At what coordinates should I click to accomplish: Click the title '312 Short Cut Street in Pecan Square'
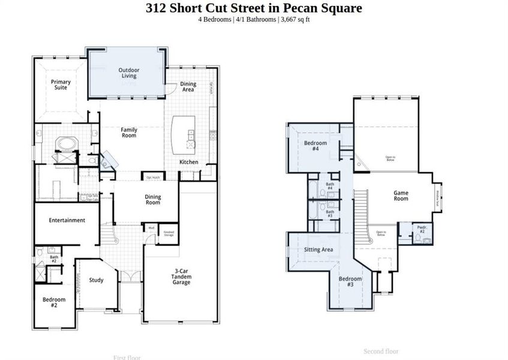pyautogui.click(x=254, y=8)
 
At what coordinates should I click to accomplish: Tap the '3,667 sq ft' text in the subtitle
pyautogui.click(x=294, y=20)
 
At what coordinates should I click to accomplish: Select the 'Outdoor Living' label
pyautogui.click(x=127, y=73)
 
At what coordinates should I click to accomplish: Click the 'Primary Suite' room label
pyautogui.click(x=61, y=85)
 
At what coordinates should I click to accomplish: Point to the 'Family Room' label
pyautogui.click(x=128, y=133)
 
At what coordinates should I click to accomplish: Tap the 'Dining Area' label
pyautogui.click(x=188, y=88)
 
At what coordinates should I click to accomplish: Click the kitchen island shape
pyautogui.click(x=184, y=135)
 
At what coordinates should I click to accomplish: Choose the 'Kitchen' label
pyautogui.click(x=189, y=162)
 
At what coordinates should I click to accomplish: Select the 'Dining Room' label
pyautogui.click(x=153, y=199)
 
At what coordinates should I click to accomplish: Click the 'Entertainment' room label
pyautogui.click(x=67, y=220)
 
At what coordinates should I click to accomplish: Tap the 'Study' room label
pyautogui.click(x=96, y=280)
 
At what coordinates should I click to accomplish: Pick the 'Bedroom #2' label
pyautogui.click(x=53, y=302)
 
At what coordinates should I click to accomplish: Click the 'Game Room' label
pyautogui.click(x=401, y=196)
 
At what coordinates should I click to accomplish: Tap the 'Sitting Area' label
pyautogui.click(x=318, y=250)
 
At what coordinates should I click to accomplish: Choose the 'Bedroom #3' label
pyautogui.click(x=350, y=281)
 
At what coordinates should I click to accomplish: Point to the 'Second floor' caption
pyautogui.click(x=381, y=351)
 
